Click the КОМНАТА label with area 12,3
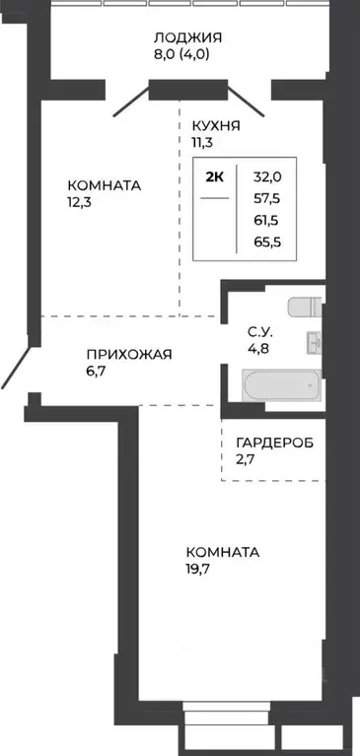coord(104,185)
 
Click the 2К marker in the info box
coord(214,177)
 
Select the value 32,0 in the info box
coord(267,177)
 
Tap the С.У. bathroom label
coord(259,331)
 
